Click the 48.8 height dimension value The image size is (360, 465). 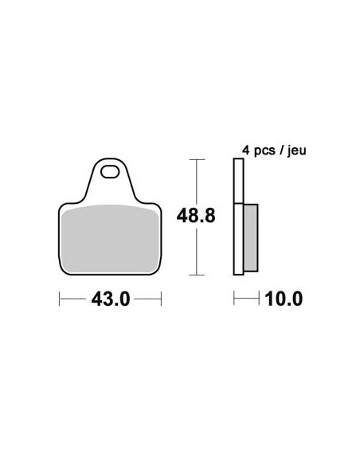196,216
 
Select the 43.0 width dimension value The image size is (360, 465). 111,299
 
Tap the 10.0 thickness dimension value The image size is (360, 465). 284,299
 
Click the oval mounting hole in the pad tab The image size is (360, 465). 110,172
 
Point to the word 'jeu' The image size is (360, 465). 296,151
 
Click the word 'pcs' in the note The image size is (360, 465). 264,151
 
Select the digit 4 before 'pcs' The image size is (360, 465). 246,150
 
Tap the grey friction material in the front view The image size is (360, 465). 110,238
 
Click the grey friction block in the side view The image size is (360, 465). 251,238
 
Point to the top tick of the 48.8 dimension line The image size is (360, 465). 197,159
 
